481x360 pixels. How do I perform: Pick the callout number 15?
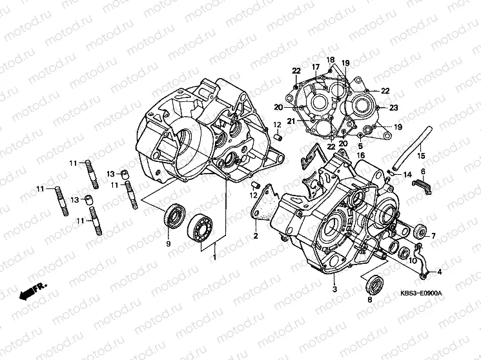(x=420, y=156)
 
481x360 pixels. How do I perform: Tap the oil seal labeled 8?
(x=373, y=283)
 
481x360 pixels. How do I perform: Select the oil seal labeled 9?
(x=174, y=214)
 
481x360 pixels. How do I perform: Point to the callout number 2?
(x=255, y=236)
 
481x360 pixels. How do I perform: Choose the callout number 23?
(x=393, y=108)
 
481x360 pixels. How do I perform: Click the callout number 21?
(x=291, y=121)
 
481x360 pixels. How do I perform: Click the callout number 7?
(x=433, y=235)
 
